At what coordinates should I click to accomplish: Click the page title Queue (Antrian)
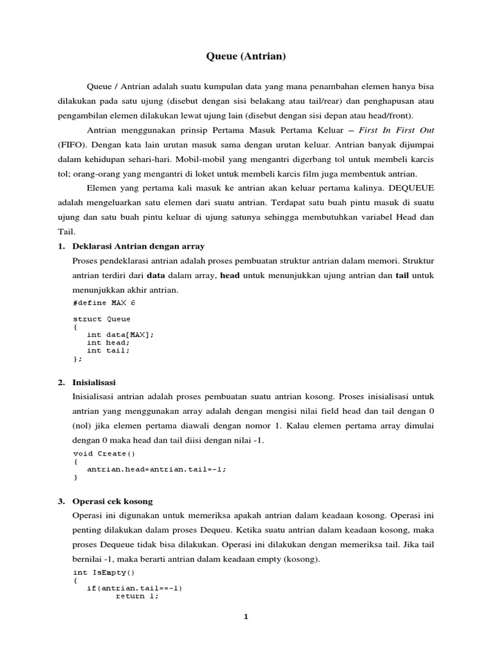[x=246, y=57]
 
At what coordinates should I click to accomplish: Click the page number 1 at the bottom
[x=245, y=617]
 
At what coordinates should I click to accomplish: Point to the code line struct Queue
[x=102, y=318]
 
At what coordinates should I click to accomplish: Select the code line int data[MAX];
[x=120, y=334]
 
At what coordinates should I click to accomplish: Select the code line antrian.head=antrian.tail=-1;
[x=157, y=469]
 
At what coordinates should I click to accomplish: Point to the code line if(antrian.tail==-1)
[x=135, y=588]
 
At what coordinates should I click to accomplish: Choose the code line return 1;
[x=136, y=596]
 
